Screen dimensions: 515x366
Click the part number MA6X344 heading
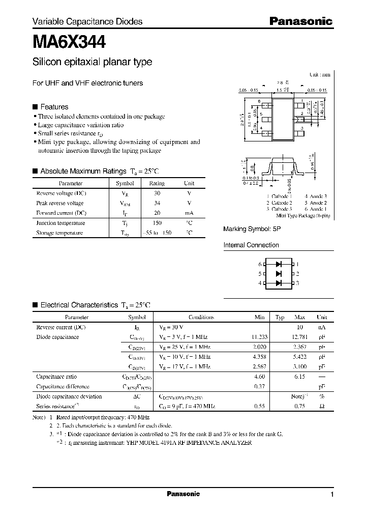(69, 41)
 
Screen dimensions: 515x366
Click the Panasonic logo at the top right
(300, 21)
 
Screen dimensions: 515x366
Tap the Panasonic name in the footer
(183, 494)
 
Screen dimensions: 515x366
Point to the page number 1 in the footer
(331, 495)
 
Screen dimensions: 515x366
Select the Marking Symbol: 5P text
(252, 230)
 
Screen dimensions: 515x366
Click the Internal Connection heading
(251, 245)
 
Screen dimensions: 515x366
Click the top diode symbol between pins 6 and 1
(278, 264)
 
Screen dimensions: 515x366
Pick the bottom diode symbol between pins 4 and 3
(278, 282)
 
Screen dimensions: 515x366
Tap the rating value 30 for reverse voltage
(157, 193)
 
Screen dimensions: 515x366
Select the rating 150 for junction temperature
(157, 223)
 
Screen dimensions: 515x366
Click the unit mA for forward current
(189, 213)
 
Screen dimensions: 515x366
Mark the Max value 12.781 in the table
(299, 337)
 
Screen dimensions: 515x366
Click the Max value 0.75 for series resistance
(299, 406)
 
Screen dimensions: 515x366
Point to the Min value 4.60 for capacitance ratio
(259, 377)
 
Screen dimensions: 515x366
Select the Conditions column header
(201, 317)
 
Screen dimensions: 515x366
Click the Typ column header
(280, 317)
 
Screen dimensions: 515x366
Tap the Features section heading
(54, 107)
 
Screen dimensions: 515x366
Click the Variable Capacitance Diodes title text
(87, 21)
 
